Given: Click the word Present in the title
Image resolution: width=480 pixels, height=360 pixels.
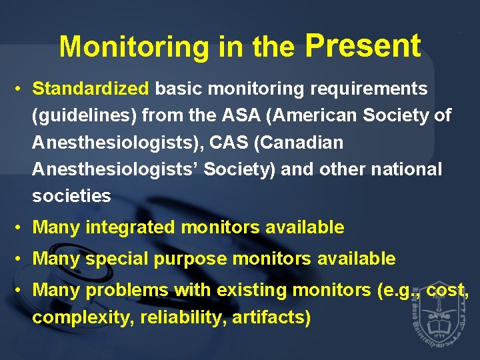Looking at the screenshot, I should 363,46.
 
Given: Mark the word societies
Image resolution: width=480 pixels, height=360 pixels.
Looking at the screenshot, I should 71,196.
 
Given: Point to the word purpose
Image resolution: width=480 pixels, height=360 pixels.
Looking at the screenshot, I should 190,259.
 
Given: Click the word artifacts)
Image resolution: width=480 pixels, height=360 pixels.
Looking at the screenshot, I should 271,317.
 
